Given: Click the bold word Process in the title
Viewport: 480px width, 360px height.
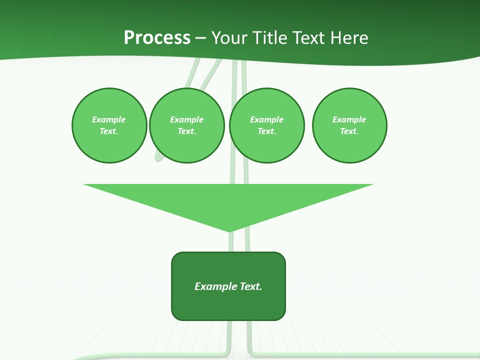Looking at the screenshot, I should pyautogui.click(x=157, y=38).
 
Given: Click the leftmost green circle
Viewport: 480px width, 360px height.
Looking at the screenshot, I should pyautogui.click(x=109, y=125).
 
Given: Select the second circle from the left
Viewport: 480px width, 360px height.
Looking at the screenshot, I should pyautogui.click(x=187, y=125).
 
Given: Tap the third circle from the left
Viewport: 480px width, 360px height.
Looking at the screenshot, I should pyautogui.click(x=267, y=125).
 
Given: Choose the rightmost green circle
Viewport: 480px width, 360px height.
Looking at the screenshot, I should pyautogui.click(x=349, y=125).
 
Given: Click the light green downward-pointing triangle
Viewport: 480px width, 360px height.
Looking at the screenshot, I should pyautogui.click(x=228, y=200).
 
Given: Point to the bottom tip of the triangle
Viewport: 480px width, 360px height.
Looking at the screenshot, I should pyautogui.click(x=229, y=230).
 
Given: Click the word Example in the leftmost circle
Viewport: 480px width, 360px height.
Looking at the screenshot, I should pyautogui.click(x=109, y=119).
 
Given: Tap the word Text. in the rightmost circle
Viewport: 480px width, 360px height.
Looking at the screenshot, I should pyautogui.click(x=349, y=131).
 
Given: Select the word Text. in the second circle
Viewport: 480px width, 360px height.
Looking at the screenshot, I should pyautogui.click(x=187, y=131).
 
